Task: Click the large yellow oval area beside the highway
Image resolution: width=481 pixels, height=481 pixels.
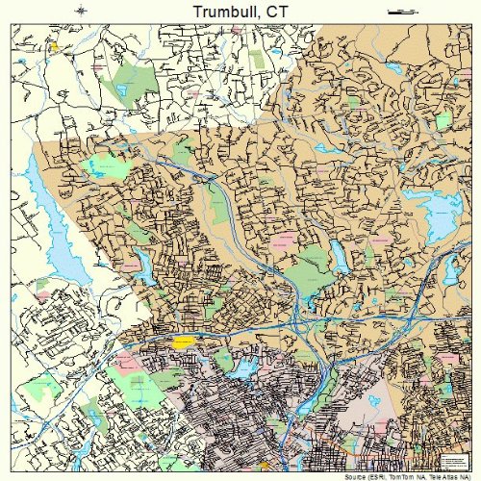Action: click(x=183, y=341)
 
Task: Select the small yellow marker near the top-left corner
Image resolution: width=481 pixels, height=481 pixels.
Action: click(x=55, y=45)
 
